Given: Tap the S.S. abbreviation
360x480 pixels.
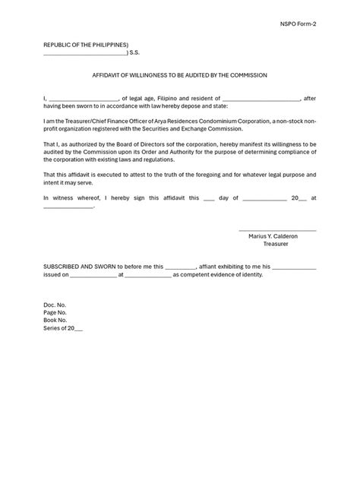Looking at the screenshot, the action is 134,54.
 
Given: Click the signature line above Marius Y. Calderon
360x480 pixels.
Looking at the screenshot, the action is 277,230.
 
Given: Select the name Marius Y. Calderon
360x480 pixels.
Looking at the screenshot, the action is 273,236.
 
